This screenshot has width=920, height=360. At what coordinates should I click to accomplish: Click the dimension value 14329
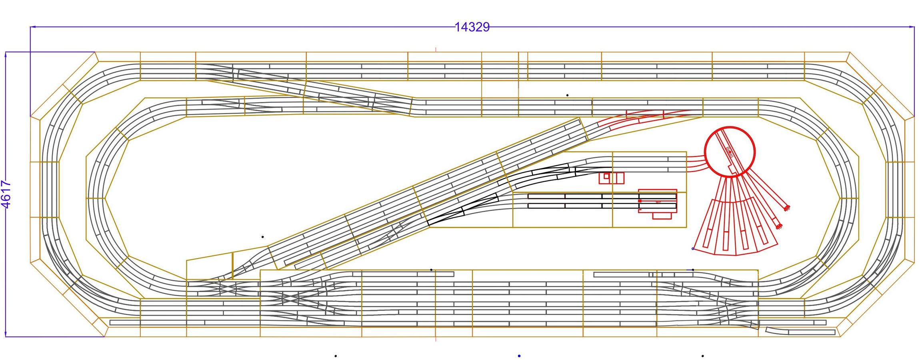click(472, 27)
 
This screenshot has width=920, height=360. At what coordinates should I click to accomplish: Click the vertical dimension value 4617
click(6, 194)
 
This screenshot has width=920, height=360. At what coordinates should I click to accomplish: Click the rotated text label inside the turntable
click(729, 152)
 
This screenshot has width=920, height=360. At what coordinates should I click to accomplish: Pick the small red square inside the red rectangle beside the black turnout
click(606, 176)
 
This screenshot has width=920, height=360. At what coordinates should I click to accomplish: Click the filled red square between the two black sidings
click(640, 201)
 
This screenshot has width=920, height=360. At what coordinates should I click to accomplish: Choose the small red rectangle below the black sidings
click(662, 216)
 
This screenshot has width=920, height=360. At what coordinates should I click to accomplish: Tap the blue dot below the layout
click(519, 356)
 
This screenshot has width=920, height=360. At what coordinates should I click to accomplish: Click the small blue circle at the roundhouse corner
click(693, 249)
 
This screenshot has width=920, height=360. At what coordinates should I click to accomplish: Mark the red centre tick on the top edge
click(436, 50)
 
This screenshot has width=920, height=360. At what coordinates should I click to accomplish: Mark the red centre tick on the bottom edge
click(436, 339)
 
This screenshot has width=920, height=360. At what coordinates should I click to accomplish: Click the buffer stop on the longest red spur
click(787, 208)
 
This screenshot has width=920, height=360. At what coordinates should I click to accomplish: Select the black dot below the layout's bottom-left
click(336, 356)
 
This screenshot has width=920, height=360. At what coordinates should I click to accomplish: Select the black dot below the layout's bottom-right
click(703, 356)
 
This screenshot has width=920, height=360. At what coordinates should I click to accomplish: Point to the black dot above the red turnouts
click(567, 95)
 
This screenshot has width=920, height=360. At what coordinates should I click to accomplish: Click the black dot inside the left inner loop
click(262, 237)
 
